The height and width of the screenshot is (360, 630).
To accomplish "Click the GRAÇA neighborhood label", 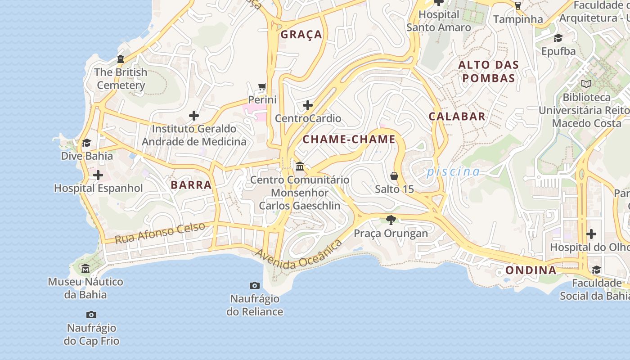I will (x=301, y=35).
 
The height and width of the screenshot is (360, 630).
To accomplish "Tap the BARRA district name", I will (x=191, y=184).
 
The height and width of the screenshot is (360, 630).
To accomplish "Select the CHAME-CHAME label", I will (x=349, y=139).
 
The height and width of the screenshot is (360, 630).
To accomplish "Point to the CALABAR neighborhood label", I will (x=457, y=117).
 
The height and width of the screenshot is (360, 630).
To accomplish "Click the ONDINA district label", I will (x=531, y=270).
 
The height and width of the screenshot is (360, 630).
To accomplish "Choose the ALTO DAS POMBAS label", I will (x=488, y=72).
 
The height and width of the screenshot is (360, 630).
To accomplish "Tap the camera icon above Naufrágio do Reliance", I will (x=255, y=285).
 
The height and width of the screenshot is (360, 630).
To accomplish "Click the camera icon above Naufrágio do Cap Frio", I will (x=91, y=315).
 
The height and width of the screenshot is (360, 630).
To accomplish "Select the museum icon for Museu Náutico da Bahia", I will (x=85, y=269).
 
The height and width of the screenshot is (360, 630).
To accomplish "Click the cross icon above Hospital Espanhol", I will (x=98, y=175).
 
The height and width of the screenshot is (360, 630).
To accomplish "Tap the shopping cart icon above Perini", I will (x=262, y=86).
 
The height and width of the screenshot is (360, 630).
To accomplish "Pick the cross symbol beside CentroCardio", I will (x=308, y=105).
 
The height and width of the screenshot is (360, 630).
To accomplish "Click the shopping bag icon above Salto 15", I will (x=394, y=176).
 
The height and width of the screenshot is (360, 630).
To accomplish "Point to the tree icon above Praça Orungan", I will (x=391, y=220).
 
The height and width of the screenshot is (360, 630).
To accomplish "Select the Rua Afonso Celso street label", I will (x=160, y=233).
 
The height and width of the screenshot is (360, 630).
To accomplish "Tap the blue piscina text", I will (x=453, y=171).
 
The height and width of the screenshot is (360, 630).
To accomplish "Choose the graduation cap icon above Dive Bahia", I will (x=86, y=143).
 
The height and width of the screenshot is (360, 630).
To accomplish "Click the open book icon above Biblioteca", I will (x=586, y=84).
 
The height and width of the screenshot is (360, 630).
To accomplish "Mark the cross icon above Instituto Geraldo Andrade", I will (x=194, y=116).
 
